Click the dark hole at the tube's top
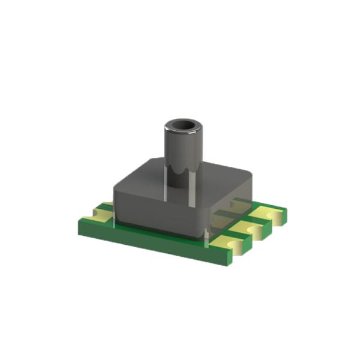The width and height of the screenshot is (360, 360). tap(182, 126)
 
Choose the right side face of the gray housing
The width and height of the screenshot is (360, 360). tap(231, 210)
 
